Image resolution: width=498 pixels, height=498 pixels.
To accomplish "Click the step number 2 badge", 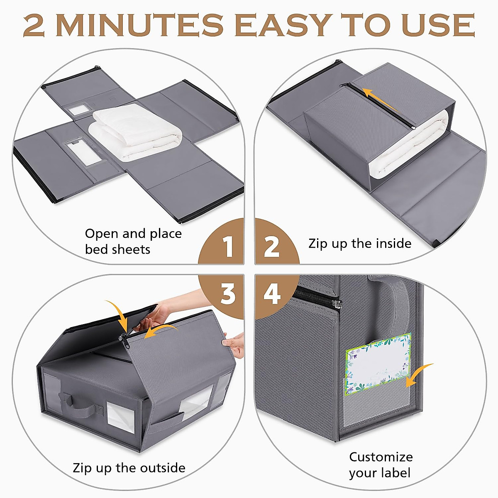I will (x=272, y=247).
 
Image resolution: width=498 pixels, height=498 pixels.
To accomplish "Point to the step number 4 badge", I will (x=272, y=294).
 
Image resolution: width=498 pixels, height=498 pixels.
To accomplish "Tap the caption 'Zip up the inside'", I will (x=360, y=244).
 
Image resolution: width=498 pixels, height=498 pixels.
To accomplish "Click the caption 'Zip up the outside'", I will (x=129, y=468).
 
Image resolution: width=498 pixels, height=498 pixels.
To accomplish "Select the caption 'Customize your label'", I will (x=381, y=465).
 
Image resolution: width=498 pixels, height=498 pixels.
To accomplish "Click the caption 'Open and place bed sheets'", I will (x=133, y=241).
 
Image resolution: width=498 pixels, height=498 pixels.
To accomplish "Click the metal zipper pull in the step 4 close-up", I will (x=337, y=304).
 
